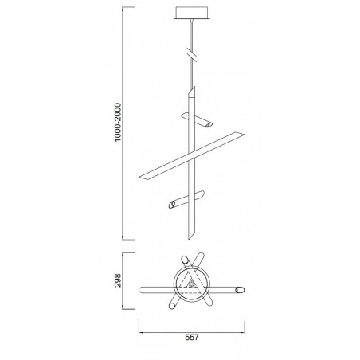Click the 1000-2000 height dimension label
118,123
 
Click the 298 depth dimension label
118,280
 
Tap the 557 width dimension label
192,338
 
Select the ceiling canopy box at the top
192,13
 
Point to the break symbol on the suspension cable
192,54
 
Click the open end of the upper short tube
209,125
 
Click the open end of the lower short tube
172,205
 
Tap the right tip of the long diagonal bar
244,135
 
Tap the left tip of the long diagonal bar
139,177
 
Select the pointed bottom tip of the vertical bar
189,239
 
